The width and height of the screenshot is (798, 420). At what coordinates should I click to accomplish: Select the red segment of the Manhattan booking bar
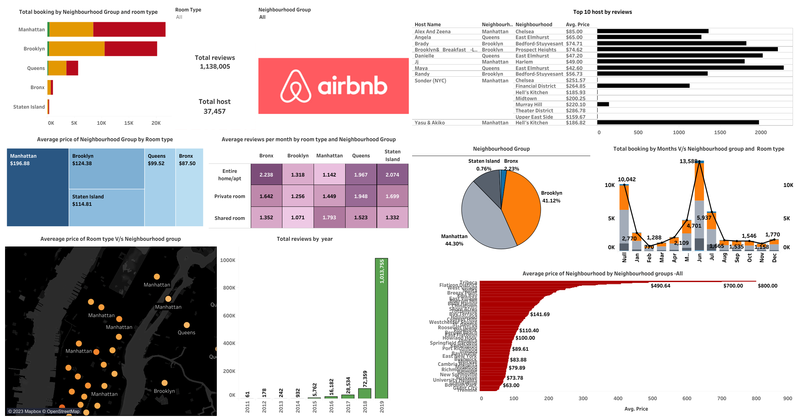click(129, 30)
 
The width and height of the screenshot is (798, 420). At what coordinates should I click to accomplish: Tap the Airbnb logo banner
click(333, 86)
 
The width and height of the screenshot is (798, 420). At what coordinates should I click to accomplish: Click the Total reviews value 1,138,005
click(215, 67)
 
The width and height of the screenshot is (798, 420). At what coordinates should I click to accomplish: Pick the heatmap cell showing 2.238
click(266, 175)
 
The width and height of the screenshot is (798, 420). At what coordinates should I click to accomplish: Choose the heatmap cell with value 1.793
click(329, 218)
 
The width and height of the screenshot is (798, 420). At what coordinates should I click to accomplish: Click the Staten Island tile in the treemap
click(107, 207)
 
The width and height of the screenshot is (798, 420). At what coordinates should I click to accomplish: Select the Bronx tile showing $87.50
click(189, 187)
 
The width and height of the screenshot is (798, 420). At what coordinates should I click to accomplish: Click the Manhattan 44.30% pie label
click(454, 240)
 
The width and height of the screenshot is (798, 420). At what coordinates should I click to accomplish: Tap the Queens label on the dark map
click(186, 333)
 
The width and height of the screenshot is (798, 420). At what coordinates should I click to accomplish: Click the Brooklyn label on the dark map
click(164, 391)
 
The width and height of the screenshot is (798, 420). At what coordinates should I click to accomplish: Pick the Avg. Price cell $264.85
click(575, 86)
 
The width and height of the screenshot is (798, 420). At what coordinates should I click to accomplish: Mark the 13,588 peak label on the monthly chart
click(688, 161)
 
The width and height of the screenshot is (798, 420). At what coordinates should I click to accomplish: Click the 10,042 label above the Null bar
click(627, 179)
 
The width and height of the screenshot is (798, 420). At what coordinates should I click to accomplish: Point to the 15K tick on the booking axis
click(129, 123)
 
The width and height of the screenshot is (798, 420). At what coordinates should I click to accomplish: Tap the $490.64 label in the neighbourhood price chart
click(660, 286)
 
